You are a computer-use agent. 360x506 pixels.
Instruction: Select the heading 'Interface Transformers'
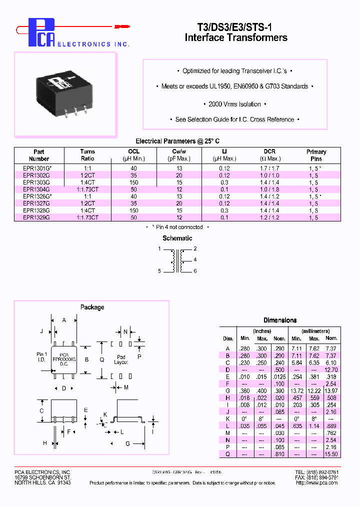pyautogui.click(x=236, y=37)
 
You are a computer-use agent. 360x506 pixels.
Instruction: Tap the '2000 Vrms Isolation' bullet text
pyautogui.click(x=234, y=104)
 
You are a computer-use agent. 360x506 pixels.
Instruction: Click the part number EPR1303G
pyautogui.click(x=36, y=182)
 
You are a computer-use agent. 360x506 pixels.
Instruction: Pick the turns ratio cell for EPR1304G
pyautogui.click(x=87, y=189)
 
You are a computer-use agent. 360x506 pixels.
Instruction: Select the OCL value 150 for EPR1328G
pyautogui.click(x=133, y=211)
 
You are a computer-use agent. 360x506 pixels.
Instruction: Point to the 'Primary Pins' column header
pyautogui.click(x=316, y=155)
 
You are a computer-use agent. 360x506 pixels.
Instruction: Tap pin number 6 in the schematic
pyautogui.click(x=195, y=271)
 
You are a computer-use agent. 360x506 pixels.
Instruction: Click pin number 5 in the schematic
pyautogui.click(x=159, y=271)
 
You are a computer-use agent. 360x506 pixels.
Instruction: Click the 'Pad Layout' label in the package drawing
pyautogui.click(x=121, y=359)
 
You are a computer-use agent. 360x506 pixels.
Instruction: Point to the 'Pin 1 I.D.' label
pyautogui.click(x=42, y=357)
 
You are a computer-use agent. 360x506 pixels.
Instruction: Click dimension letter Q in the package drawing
pyautogui.click(x=102, y=359)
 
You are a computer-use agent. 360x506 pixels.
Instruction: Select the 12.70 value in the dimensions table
pyautogui.click(x=331, y=369)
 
